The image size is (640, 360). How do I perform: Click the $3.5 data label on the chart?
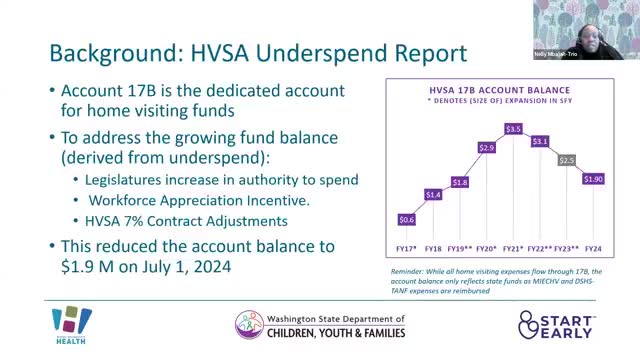tap(513, 129)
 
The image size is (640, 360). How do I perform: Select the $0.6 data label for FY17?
tap(407, 219)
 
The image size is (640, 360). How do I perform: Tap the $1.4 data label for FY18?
tap(433, 194)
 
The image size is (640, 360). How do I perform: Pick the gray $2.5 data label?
tap(567, 160)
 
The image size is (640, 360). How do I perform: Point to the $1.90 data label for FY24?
tap(593, 179)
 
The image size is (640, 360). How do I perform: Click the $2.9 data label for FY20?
tap(487, 147)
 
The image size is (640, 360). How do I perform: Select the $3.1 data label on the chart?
tap(540, 141)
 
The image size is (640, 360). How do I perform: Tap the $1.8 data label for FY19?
tap(460, 182)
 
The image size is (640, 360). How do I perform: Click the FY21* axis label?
tap(513, 248)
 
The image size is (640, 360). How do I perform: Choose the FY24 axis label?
tap(593, 248)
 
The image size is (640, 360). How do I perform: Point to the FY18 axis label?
tap(433, 248)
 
